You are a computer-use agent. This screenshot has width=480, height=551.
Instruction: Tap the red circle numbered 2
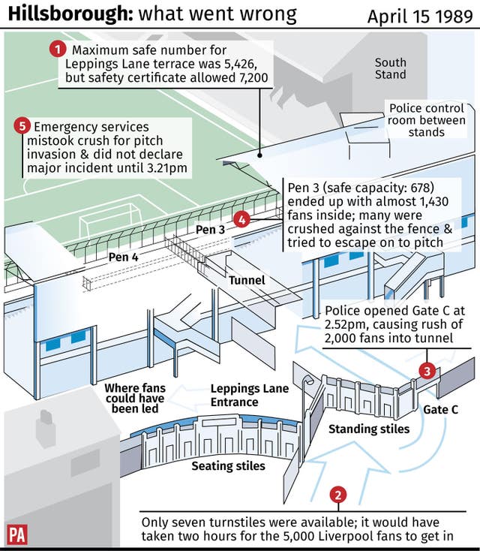point(339,494)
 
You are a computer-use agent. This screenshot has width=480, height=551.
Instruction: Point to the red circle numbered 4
point(241,219)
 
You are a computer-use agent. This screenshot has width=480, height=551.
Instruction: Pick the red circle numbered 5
point(22,127)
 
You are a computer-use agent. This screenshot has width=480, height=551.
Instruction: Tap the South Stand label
point(390,68)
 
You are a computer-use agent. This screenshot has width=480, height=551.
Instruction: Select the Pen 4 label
point(124,257)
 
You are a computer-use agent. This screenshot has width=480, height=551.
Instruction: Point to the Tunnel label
point(247,281)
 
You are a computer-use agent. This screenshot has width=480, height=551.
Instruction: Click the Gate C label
point(440,410)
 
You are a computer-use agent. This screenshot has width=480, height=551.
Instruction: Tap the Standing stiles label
point(369,429)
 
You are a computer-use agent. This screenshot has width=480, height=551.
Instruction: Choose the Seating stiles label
point(228,465)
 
